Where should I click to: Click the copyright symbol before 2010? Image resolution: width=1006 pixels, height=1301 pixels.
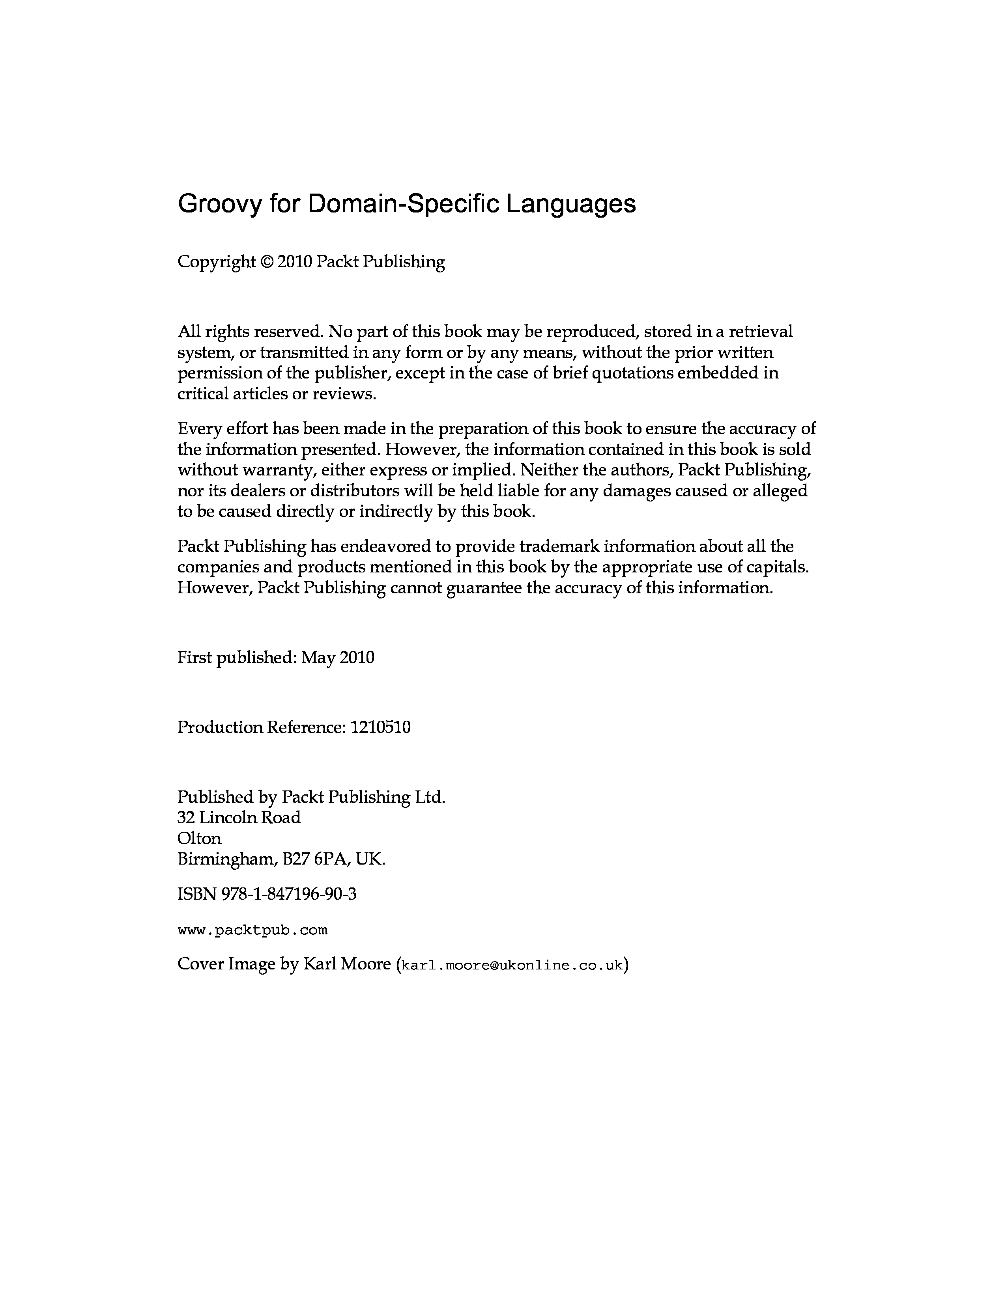(266, 262)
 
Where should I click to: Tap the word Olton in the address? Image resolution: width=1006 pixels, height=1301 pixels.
(199, 838)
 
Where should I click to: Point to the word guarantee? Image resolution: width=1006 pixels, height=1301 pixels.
(484, 588)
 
